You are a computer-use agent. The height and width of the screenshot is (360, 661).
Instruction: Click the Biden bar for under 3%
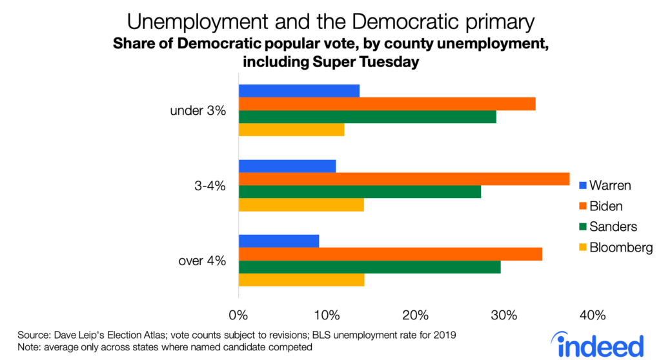(x=387, y=104)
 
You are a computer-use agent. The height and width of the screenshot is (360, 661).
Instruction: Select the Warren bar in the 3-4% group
(x=287, y=166)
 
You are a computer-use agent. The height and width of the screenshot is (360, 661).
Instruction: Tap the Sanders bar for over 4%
(x=369, y=267)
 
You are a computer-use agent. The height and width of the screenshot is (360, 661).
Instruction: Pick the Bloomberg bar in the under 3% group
(x=292, y=130)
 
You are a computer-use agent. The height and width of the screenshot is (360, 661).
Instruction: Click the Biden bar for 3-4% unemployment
(x=404, y=179)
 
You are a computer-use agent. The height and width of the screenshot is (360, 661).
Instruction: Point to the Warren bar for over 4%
(x=279, y=241)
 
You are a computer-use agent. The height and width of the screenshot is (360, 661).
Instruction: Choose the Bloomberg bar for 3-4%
(x=301, y=205)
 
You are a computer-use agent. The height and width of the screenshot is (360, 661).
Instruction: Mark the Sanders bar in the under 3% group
(x=368, y=117)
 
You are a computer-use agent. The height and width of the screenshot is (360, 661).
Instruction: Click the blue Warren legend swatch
(x=582, y=186)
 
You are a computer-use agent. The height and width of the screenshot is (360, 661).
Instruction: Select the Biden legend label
(x=606, y=206)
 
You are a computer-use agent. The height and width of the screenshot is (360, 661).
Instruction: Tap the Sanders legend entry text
(x=613, y=227)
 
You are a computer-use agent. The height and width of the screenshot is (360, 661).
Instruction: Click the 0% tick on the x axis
(x=239, y=315)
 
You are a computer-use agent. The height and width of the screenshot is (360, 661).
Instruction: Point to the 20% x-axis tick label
(x=416, y=315)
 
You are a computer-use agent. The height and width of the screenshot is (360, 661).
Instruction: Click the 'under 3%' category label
(x=198, y=110)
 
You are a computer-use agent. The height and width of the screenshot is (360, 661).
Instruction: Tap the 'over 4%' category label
(x=201, y=261)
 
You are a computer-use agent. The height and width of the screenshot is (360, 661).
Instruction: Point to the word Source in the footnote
(x=33, y=335)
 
